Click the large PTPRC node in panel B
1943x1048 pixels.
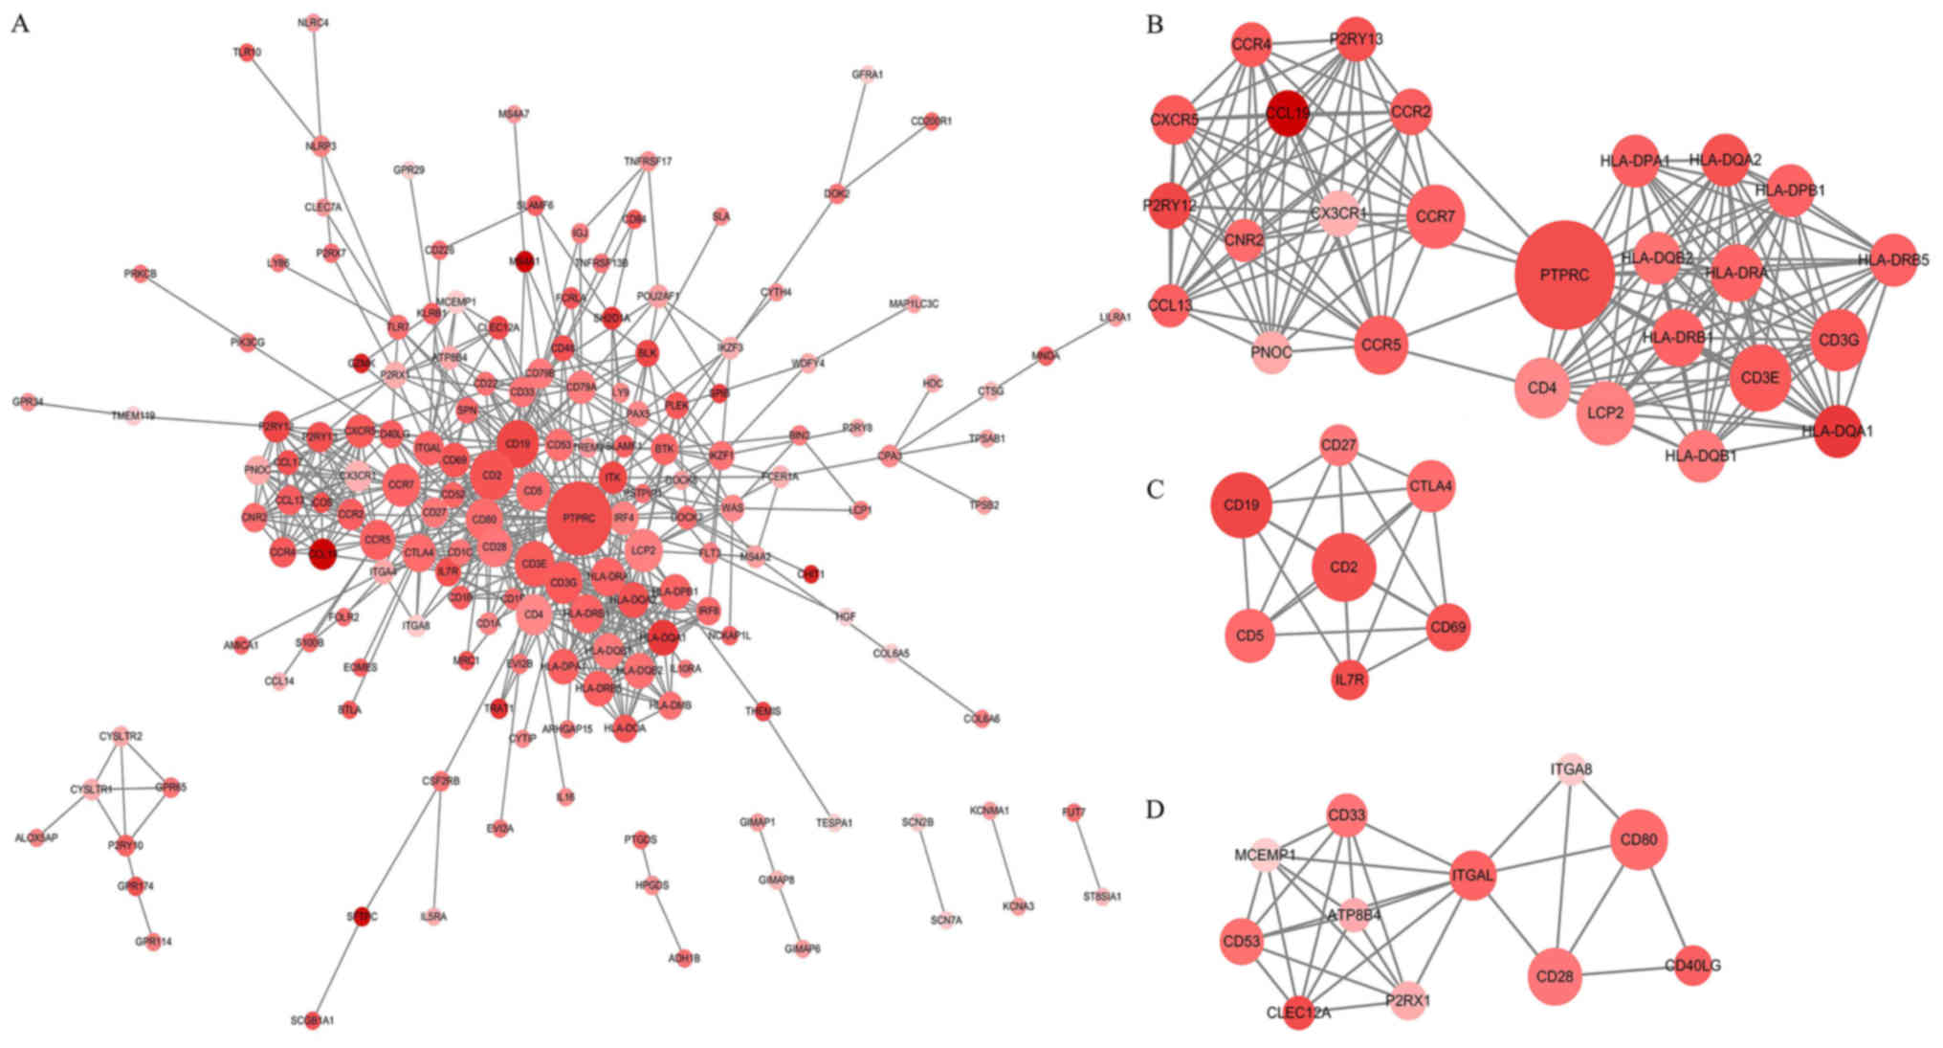click(1564, 275)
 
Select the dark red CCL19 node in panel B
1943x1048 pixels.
click(1288, 114)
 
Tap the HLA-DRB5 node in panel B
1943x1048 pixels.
click(1893, 259)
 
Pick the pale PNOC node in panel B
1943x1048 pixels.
click(1271, 352)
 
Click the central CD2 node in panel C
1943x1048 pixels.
click(1343, 568)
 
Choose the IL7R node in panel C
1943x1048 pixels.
click(1349, 680)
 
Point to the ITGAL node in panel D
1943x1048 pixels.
click(1472, 875)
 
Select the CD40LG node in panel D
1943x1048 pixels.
click(1692, 966)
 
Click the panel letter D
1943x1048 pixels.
click(1156, 810)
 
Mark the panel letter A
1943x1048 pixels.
click(20, 24)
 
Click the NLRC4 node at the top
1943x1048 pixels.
click(314, 22)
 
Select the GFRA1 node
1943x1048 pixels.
click(868, 75)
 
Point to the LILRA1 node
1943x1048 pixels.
click(1115, 317)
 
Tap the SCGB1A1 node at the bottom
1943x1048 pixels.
click(313, 1020)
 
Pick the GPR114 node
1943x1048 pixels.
click(153, 942)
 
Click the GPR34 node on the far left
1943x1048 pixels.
click(28, 402)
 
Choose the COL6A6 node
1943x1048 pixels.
click(983, 718)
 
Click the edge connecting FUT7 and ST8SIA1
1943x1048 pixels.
click(1088, 855)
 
